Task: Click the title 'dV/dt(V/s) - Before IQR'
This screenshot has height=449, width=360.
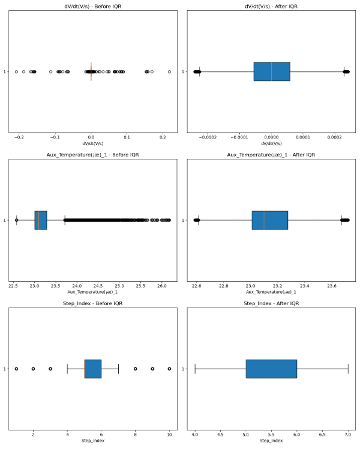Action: point(93,7)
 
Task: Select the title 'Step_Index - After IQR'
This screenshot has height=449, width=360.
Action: point(271,304)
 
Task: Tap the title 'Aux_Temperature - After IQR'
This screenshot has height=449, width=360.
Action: point(271,155)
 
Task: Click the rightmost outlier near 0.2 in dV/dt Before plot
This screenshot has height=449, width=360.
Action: point(169,71)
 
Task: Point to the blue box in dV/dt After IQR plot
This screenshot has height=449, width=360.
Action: point(272,71)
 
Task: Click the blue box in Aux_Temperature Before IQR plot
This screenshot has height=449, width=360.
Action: point(41,220)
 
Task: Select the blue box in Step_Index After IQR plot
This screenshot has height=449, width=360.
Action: point(271,369)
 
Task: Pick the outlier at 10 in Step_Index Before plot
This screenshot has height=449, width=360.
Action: point(170,369)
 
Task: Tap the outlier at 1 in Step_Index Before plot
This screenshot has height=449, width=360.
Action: point(16,369)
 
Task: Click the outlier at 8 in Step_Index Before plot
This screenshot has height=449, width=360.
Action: point(136,369)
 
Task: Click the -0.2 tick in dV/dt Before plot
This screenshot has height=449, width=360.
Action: point(19,138)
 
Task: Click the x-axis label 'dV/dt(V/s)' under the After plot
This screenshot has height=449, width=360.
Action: point(271,144)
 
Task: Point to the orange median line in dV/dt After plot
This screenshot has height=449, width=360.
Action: point(272,71)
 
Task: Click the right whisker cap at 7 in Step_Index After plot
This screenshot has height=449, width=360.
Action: point(348,369)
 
